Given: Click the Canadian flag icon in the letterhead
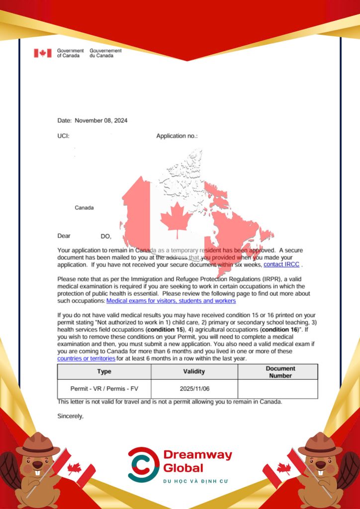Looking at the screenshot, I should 43,53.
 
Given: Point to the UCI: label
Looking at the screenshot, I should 63,136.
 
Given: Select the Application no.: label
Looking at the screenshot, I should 177,136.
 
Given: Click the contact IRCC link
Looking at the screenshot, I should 281,265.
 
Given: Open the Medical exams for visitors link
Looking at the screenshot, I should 171,301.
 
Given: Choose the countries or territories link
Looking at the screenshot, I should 87,358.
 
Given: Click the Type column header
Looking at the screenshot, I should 104,372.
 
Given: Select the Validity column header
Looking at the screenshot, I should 194,372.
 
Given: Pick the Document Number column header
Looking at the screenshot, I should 280,372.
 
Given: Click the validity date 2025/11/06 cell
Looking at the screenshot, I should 194,389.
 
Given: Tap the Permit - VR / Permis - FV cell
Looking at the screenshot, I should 104,389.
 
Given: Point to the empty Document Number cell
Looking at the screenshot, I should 278,389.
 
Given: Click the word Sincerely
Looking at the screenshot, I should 71,416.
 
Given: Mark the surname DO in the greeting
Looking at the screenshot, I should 105,236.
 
